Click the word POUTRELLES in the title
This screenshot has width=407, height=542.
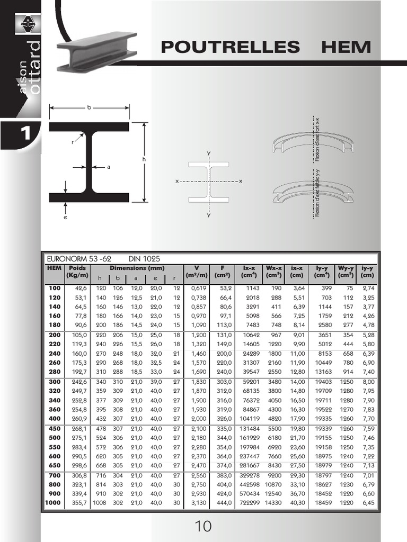pos(230,47)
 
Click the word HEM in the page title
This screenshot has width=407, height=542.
pos(346,47)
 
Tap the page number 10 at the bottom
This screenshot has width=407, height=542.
pos(203,526)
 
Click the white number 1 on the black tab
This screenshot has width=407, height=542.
pos(25,133)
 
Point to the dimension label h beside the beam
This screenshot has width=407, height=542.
pos(144,159)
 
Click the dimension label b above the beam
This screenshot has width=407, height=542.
pos(89,107)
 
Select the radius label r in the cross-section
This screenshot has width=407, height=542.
pos(73,142)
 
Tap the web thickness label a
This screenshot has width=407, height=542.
pos(109,167)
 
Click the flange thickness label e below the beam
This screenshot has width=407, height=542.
pos(65,217)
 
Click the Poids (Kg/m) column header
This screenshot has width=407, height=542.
pos(77,272)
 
